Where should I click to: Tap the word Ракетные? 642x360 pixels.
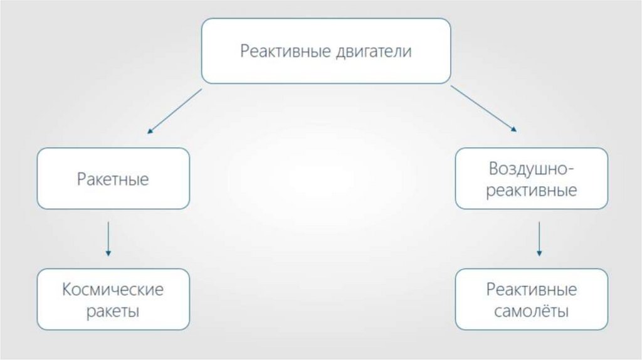(113, 179)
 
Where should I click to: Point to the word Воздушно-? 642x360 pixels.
(532, 169)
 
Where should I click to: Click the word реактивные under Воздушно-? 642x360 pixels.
(532, 191)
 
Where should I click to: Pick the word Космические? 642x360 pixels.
(113, 290)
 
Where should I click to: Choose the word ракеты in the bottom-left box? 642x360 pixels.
(113, 311)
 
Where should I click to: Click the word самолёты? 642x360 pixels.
(532, 311)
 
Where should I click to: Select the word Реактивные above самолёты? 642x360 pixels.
(532, 290)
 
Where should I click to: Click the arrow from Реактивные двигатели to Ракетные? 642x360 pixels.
(175, 111)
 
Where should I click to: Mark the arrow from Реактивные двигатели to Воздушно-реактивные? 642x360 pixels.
(483, 109)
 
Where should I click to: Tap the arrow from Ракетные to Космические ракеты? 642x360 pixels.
(108, 238)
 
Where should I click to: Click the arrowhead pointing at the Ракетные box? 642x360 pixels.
(150, 132)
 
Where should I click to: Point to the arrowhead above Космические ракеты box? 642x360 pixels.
(108, 253)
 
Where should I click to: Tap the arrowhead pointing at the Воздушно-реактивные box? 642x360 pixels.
(514, 129)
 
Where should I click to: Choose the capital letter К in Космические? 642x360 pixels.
(67, 290)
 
